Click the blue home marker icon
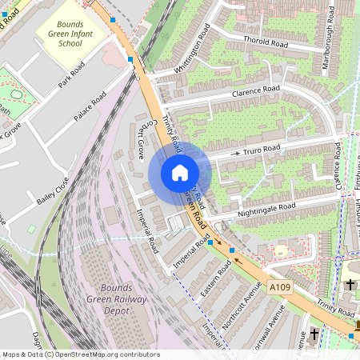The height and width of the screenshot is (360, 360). (180, 173)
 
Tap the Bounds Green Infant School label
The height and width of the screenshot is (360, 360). (76, 34)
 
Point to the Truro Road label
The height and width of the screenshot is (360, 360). (262, 150)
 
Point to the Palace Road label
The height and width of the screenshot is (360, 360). (90, 106)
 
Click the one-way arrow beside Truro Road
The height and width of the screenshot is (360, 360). (236, 152)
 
